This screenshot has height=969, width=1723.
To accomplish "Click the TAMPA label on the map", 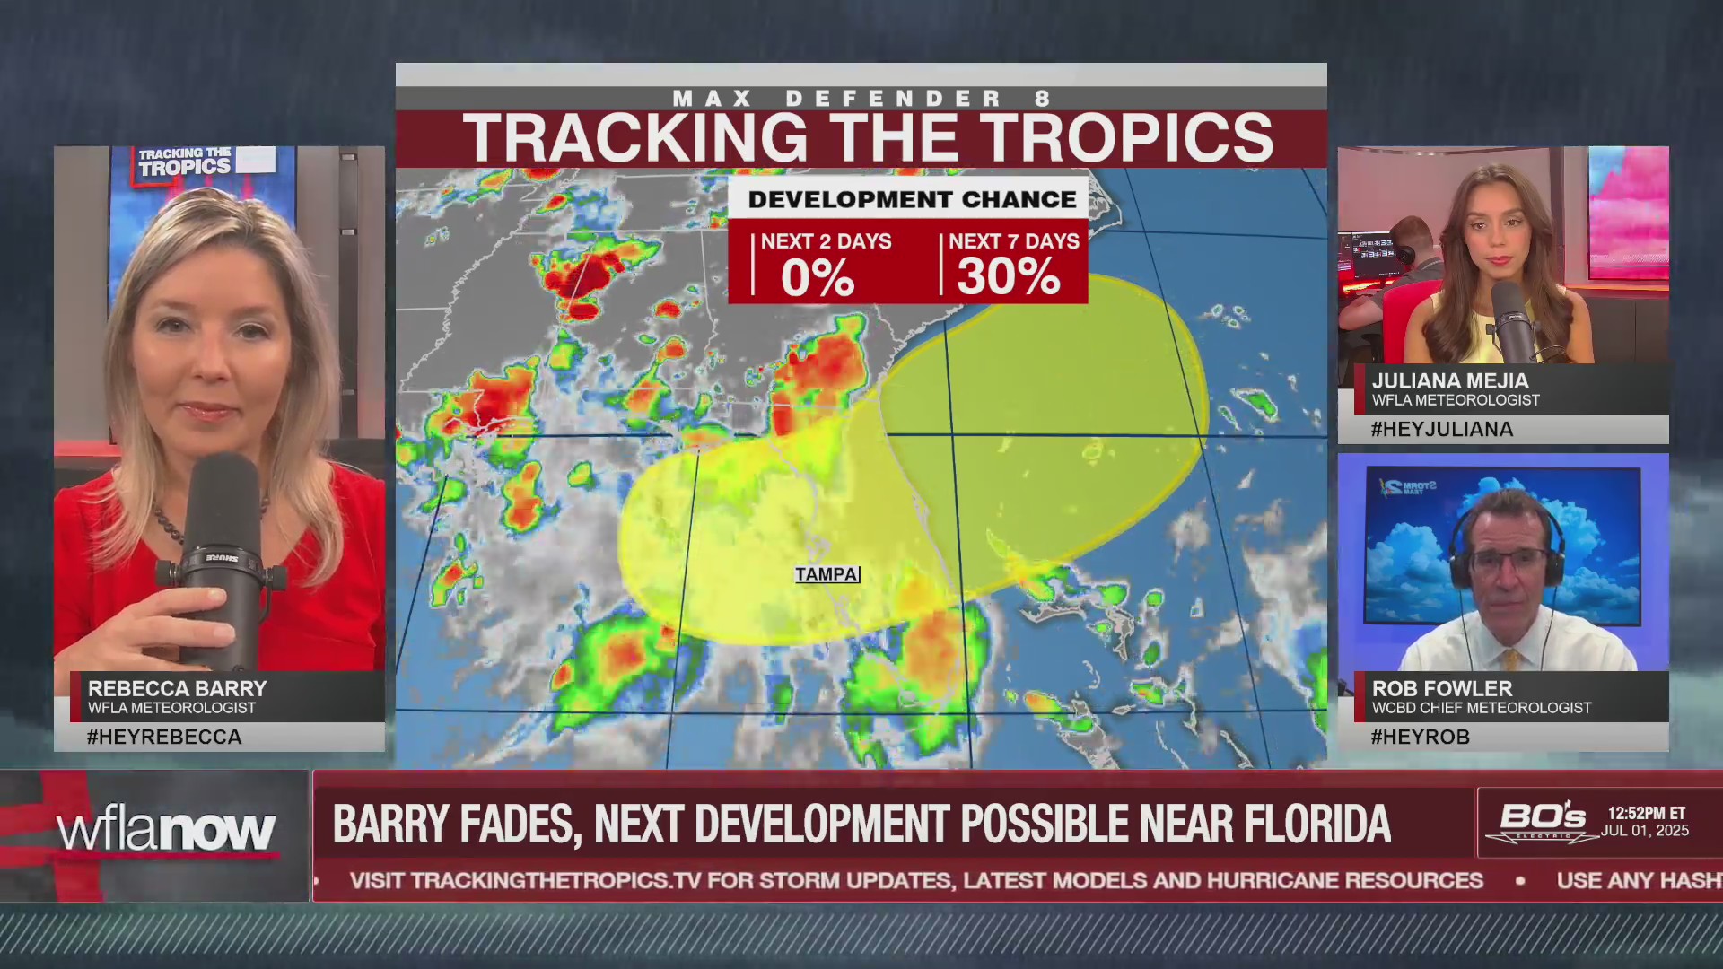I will (827, 574).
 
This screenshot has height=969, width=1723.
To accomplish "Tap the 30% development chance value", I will (1009, 276).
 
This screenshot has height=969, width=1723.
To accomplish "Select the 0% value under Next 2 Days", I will (817, 277).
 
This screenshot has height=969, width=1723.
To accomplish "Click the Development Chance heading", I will (912, 199).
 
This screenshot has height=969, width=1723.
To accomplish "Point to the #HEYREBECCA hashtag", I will (164, 738).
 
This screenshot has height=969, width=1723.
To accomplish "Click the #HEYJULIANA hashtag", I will (1442, 430).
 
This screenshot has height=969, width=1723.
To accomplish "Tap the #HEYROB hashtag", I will (1421, 738).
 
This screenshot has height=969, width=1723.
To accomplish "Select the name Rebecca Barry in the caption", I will (178, 689).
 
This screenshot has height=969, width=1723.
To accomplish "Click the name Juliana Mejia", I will (1450, 381).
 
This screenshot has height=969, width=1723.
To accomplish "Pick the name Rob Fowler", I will (1442, 689).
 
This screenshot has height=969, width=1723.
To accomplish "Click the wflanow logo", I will (166, 832).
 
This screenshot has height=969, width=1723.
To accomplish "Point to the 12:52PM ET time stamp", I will (1646, 814).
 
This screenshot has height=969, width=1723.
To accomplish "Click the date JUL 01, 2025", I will (1646, 832).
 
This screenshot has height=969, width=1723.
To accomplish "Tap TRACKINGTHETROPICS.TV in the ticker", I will (555, 881).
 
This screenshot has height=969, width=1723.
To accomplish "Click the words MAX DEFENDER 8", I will (861, 99).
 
